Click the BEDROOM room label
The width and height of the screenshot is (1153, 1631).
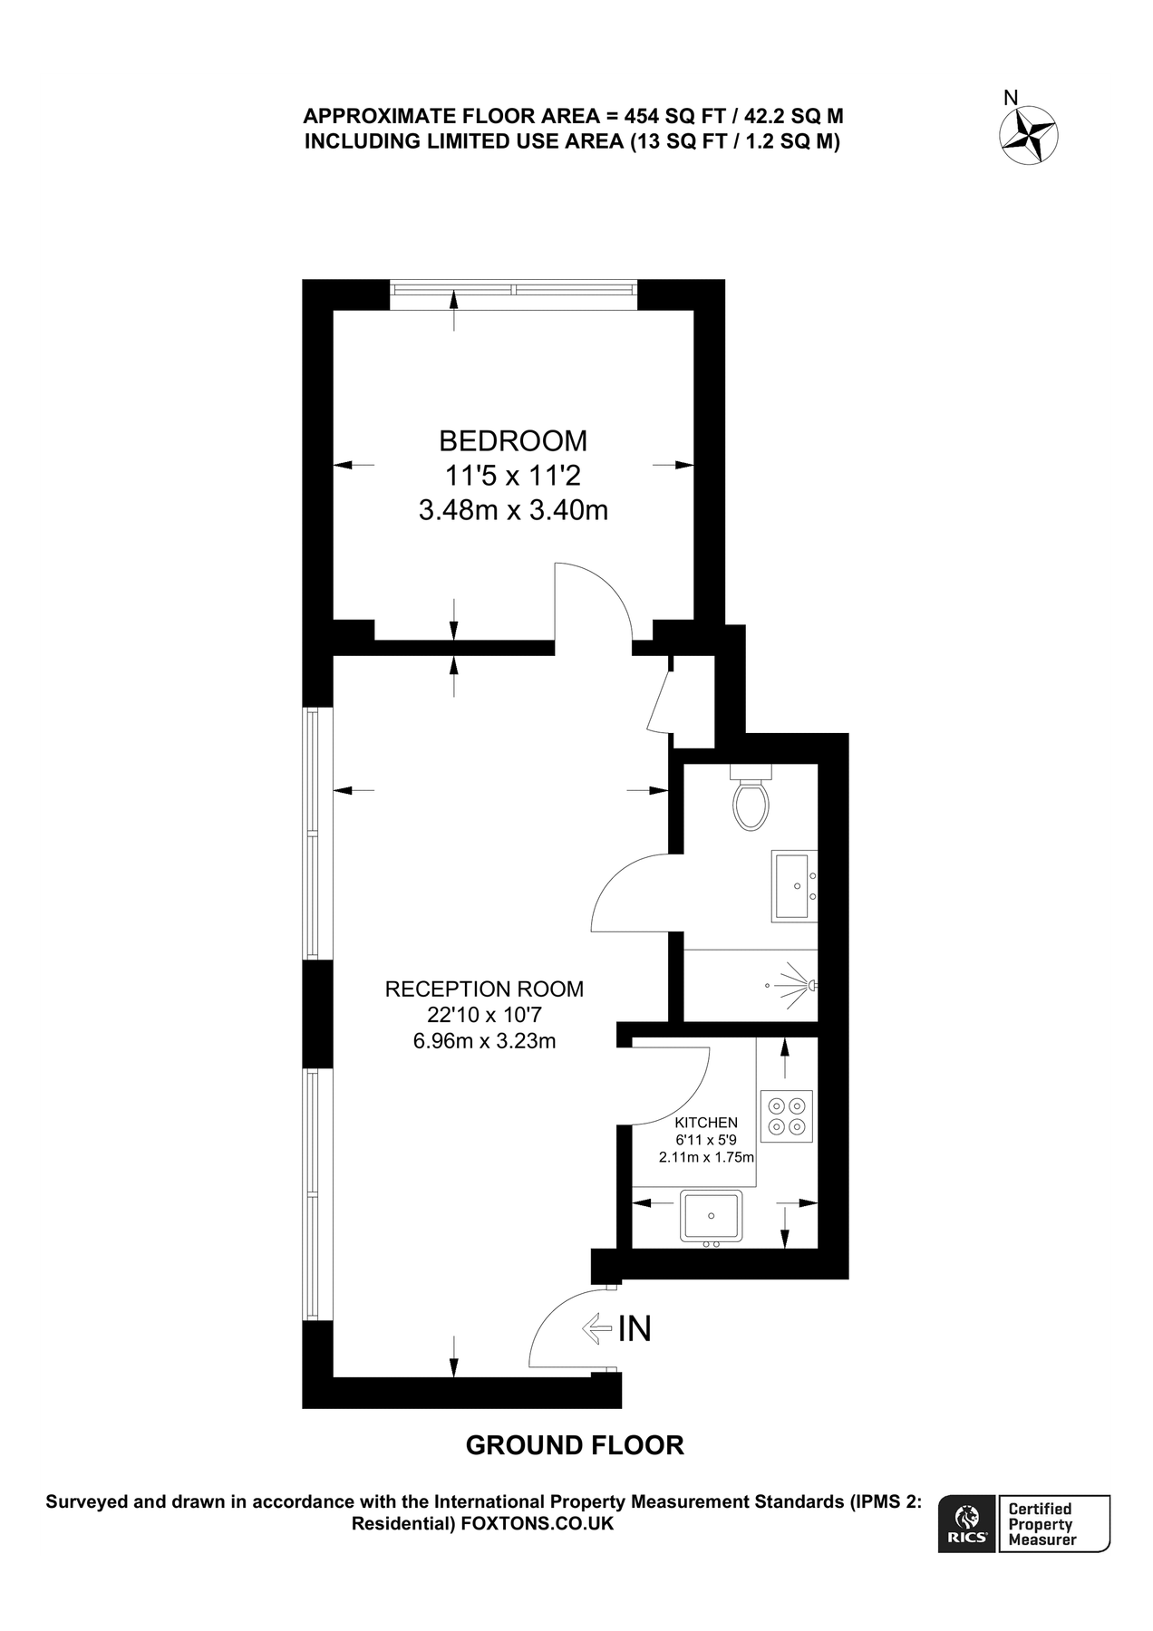point(513,440)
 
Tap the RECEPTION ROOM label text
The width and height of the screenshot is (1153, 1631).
point(484,989)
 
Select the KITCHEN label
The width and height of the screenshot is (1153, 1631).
point(706,1123)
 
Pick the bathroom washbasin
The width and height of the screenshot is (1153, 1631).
point(794,886)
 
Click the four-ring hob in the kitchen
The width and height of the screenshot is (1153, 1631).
point(787,1115)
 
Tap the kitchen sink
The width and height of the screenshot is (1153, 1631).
point(712,1216)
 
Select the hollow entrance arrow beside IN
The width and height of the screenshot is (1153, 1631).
point(596,1328)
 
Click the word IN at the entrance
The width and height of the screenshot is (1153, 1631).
point(635,1328)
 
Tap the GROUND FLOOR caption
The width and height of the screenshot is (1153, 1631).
point(575,1445)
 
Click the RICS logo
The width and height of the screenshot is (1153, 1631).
point(967,1523)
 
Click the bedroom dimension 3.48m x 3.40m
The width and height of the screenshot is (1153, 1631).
point(513,511)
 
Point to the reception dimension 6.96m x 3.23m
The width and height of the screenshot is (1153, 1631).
point(484,1041)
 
